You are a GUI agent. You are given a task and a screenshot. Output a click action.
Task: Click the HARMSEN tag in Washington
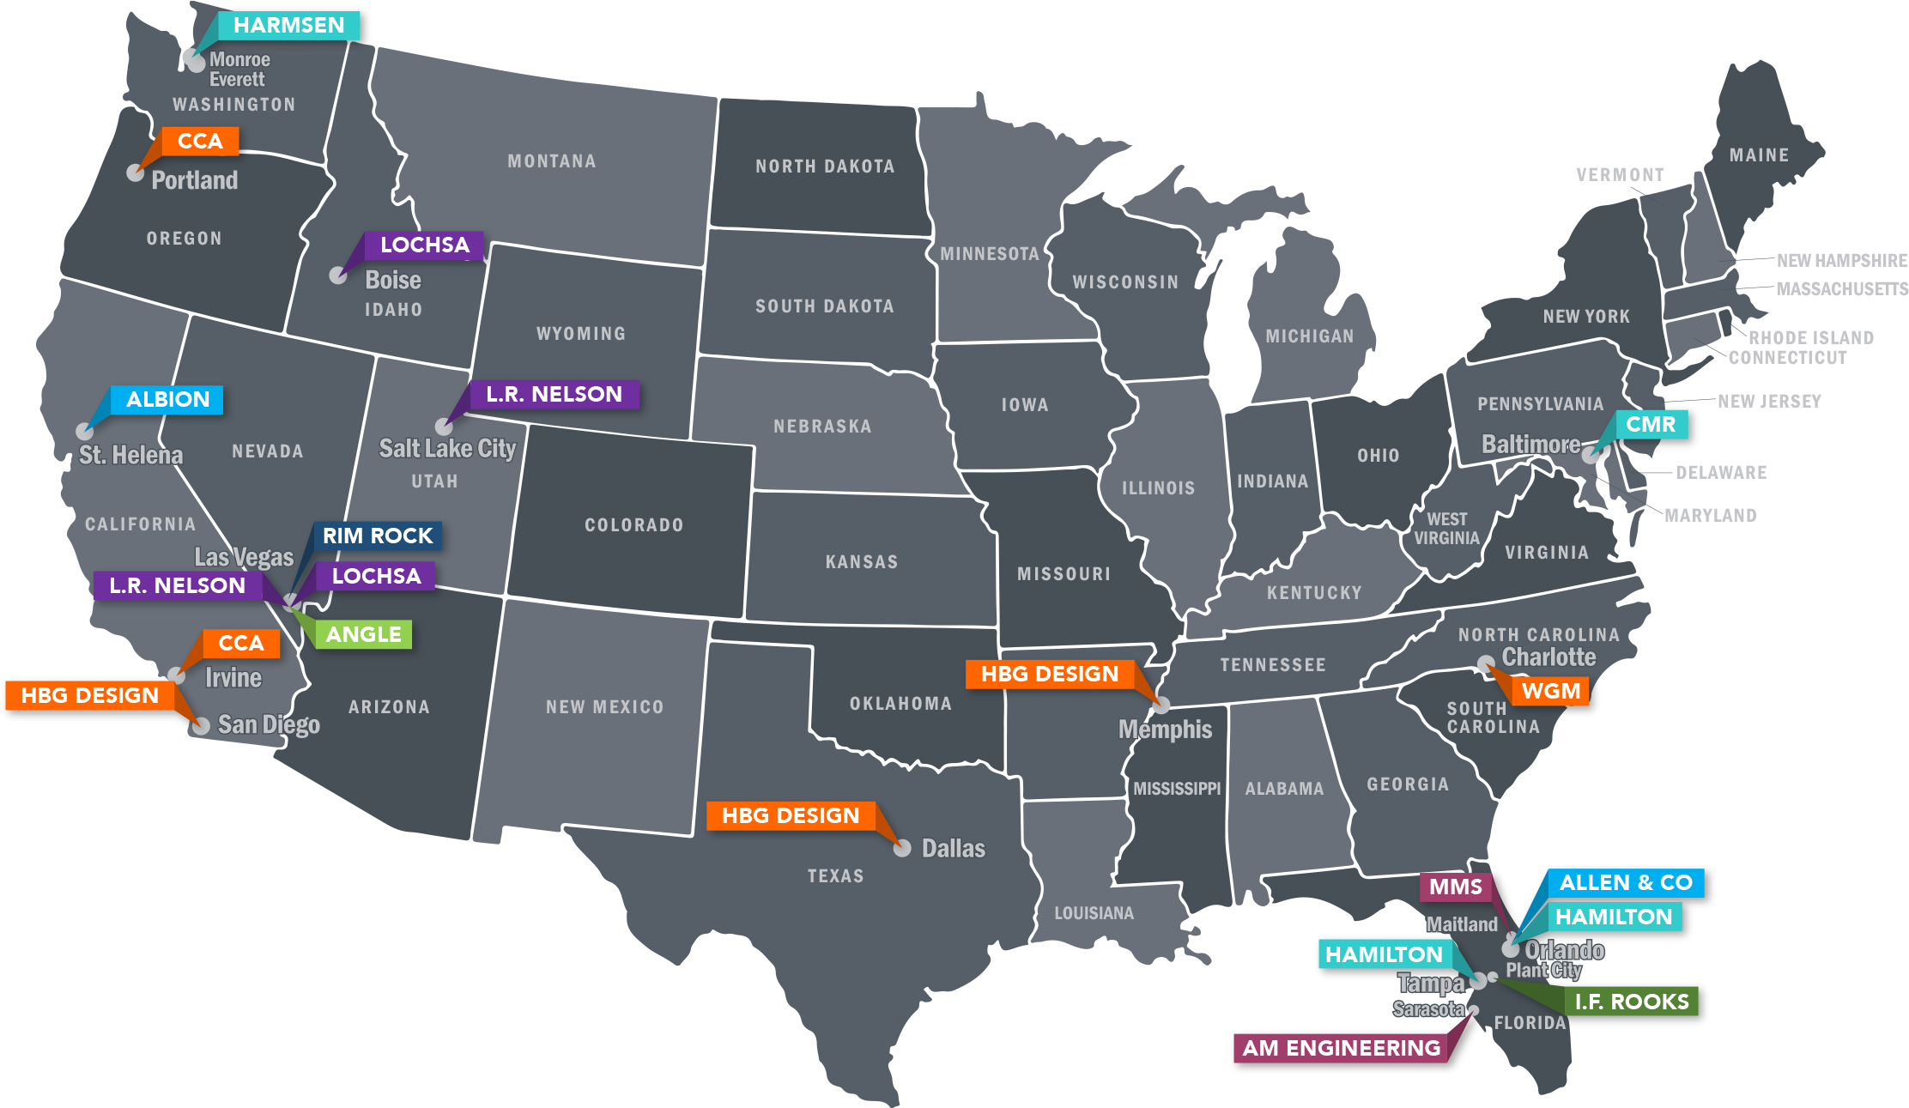pyautogui.click(x=288, y=26)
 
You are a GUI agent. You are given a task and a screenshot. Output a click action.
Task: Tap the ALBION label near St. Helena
pyautogui.click(x=167, y=400)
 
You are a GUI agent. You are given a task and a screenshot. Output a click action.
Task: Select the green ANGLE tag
pyautogui.click(x=363, y=635)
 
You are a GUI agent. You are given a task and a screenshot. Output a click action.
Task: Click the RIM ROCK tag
pyautogui.click(x=377, y=536)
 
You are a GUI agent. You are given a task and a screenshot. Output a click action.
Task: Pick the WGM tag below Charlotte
pyautogui.click(x=1550, y=692)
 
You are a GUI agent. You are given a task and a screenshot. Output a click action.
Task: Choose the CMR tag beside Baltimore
pyautogui.click(x=1651, y=425)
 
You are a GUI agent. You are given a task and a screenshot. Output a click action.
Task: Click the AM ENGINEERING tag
pyautogui.click(x=1341, y=1048)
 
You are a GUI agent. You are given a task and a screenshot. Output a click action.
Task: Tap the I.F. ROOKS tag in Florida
pyautogui.click(x=1631, y=1002)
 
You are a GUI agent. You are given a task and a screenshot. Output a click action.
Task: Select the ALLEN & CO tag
pyautogui.click(x=1625, y=883)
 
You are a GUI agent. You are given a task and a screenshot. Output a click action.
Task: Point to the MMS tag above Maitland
pyautogui.click(x=1455, y=887)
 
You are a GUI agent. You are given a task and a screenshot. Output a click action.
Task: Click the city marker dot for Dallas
pyautogui.click(x=902, y=849)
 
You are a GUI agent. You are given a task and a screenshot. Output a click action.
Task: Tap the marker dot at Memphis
pyautogui.click(x=1161, y=705)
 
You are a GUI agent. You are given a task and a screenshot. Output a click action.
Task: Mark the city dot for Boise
pyautogui.click(x=338, y=275)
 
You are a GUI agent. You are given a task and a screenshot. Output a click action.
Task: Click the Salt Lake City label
pyautogui.click(x=447, y=449)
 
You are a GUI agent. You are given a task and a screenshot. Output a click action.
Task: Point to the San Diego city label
pyautogui.click(x=269, y=725)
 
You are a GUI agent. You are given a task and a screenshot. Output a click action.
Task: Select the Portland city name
pyautogui.click(x=195, y=180)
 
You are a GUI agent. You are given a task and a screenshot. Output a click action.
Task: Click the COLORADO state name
pyautogui.click(x=634, y=525)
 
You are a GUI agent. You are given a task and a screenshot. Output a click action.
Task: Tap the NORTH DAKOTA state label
pyautogui.click(x=825, y=167)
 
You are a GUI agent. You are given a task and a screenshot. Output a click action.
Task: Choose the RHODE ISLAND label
pyautogui.click(x=1810, y=337)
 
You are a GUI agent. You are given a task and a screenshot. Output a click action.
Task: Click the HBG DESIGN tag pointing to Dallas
pyautogui.click(x=790, y=816)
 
